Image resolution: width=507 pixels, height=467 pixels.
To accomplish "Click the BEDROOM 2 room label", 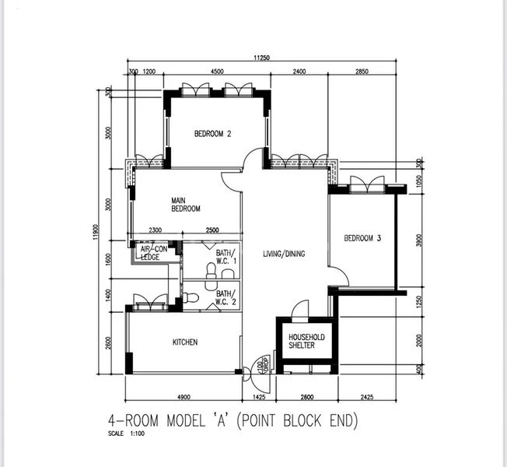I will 212,134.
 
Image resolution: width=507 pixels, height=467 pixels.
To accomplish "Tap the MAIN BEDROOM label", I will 186,205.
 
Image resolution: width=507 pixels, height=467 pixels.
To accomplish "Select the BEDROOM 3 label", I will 362,238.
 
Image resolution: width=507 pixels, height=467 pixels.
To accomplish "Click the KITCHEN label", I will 184,342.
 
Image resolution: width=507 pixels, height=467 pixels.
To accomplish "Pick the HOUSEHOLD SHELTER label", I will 306,341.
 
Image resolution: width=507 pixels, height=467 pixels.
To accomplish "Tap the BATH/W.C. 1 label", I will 225,257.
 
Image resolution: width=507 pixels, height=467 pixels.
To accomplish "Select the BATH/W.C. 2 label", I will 225,297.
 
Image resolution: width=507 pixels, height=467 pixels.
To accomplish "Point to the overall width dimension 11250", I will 262,58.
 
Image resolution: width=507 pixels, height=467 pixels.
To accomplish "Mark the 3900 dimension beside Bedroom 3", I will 418,241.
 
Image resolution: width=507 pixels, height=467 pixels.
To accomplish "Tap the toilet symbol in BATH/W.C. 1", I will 210,270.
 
